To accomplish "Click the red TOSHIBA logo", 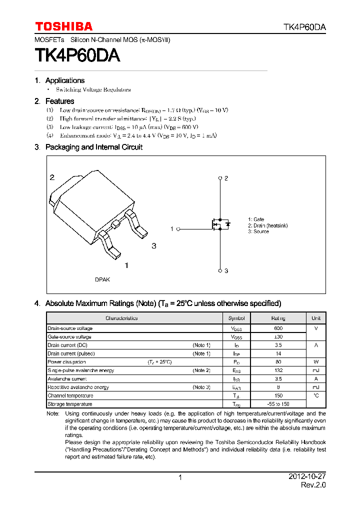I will [x=63, y=26].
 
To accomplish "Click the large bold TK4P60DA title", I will [x=77, y=55].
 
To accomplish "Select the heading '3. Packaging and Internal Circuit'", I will [x=88, y=147].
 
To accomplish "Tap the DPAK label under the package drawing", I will [x=102, y=279].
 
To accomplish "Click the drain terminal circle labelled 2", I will [x=220, y=178].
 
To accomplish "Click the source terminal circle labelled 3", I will [x=220, y=270].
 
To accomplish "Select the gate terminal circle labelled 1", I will [x=178, y=228].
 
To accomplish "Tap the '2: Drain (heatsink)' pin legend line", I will [x=267, y=225].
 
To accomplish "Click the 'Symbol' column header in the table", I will [x=236, y=318].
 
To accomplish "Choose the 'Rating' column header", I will [x=278, y=318].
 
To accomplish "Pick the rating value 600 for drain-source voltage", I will [x=278, y=328].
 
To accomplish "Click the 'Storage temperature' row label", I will [x=70, y=404].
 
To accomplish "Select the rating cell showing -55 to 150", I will [x=278, y=404].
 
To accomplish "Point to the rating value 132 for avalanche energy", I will [x=278, y=370].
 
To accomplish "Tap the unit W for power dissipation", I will [x=316, y=362].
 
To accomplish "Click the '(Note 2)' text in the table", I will [x=201, y=370].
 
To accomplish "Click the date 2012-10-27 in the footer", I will [x=307, y=477].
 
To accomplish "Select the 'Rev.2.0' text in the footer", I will [x=313, y=485].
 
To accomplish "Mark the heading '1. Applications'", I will [x=59, y=80].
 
